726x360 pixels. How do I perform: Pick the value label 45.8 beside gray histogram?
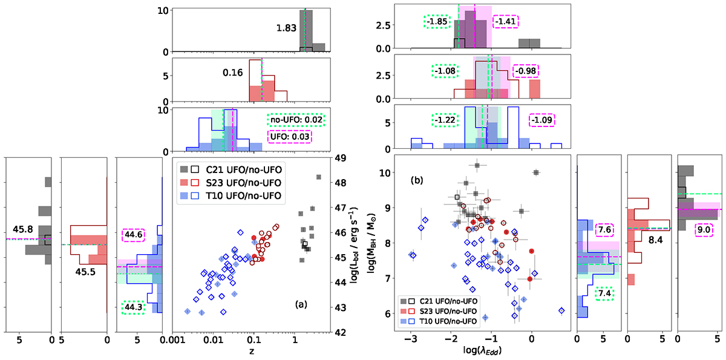[x=24, y=231]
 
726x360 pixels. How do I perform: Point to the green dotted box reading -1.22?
[x=445, y=120]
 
